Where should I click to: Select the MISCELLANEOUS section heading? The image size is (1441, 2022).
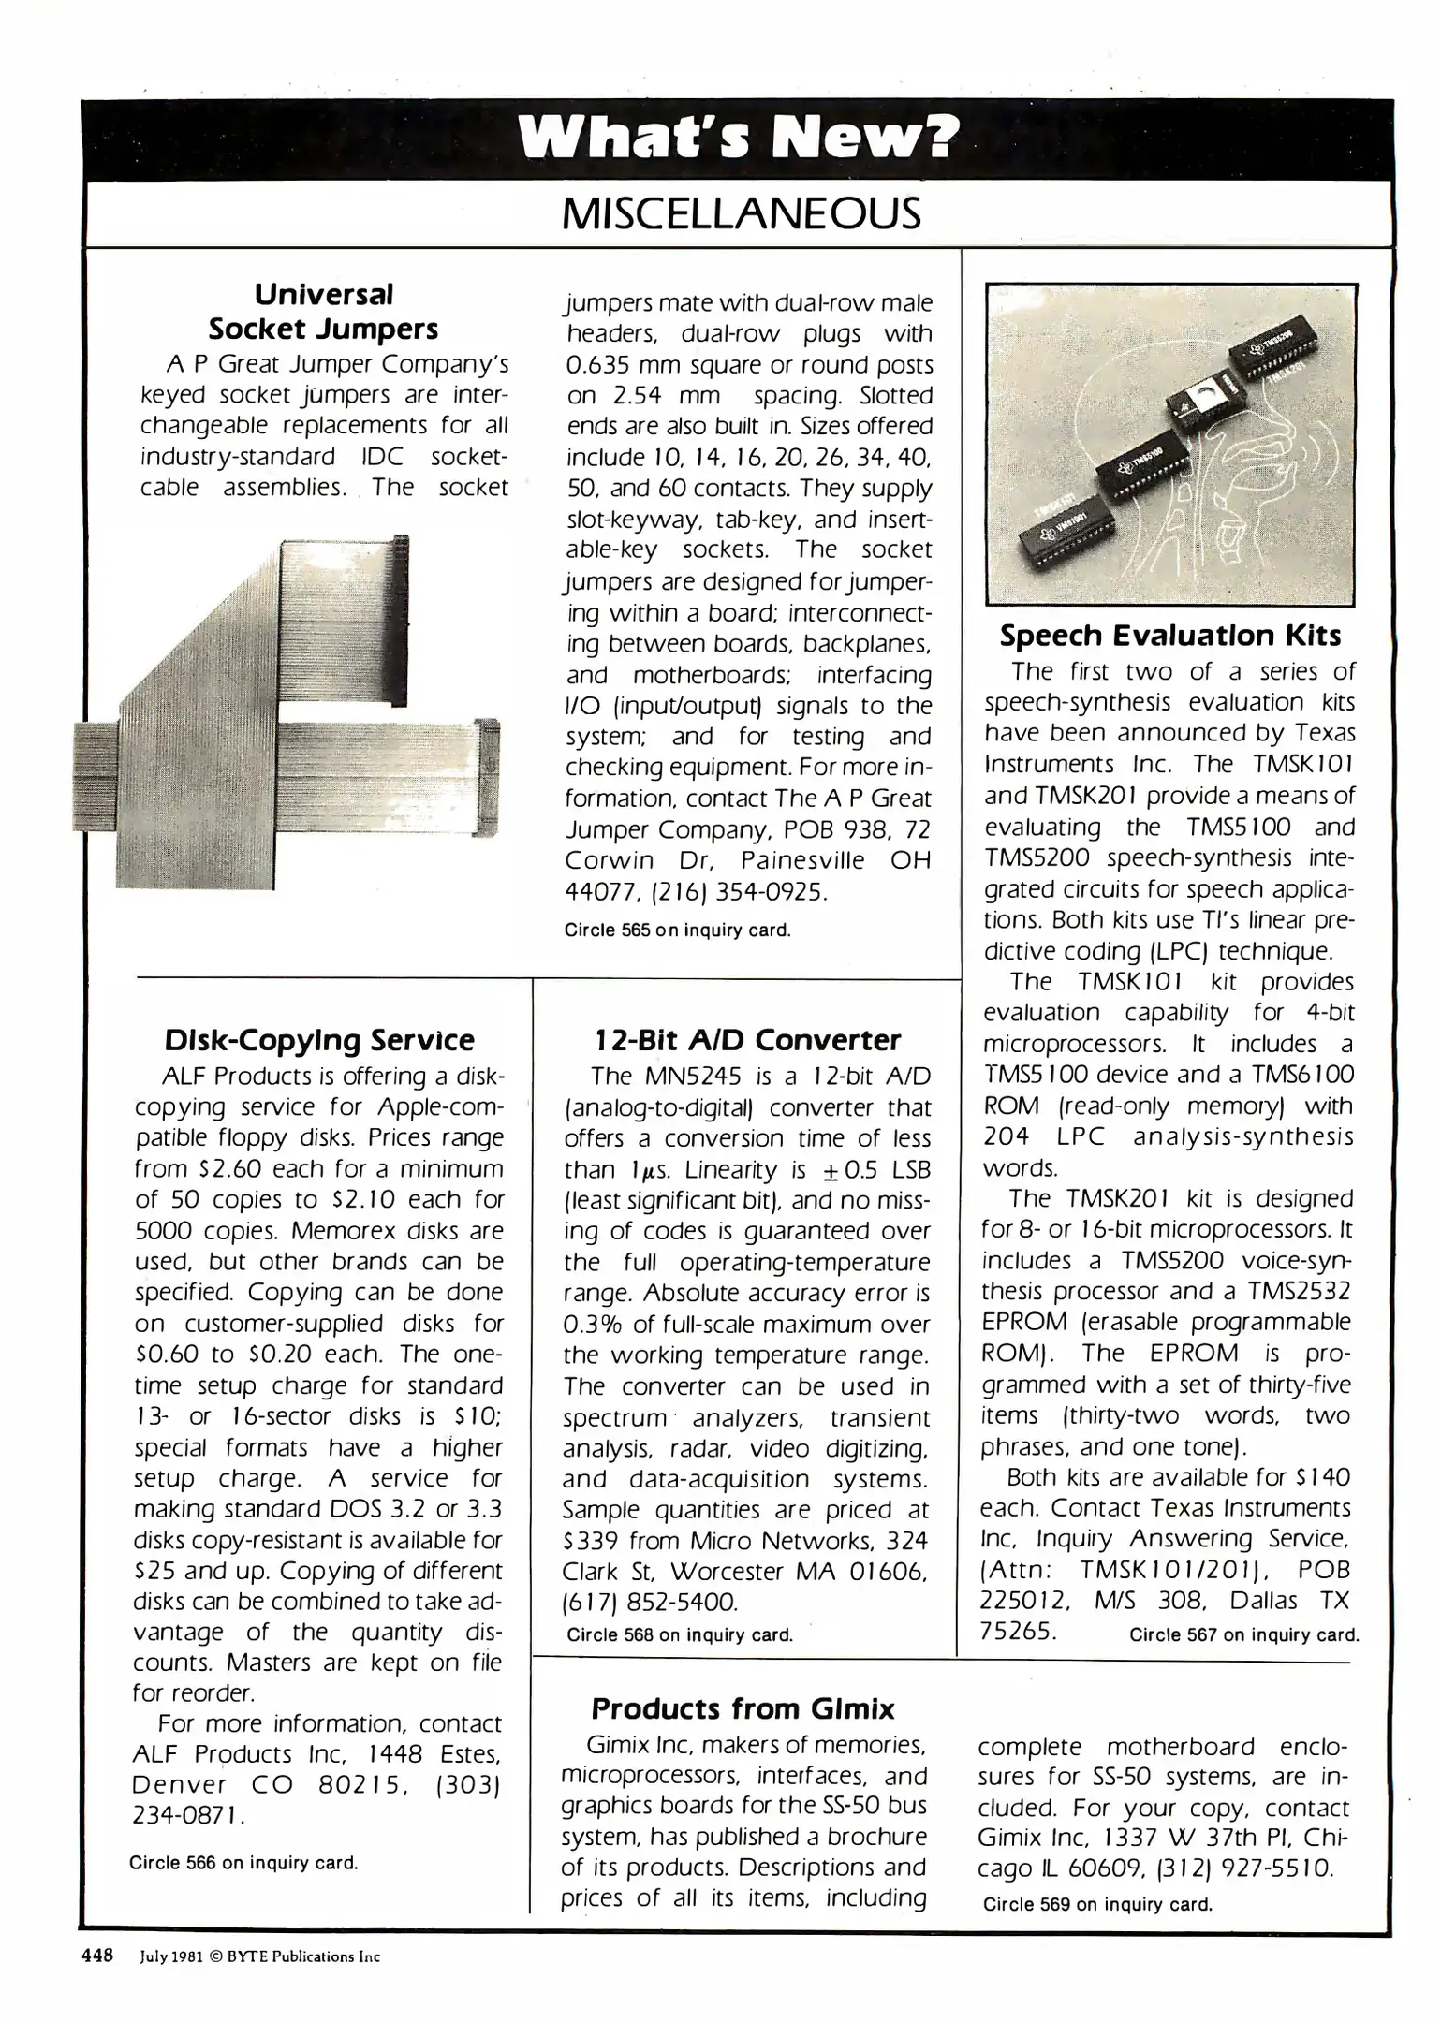740,214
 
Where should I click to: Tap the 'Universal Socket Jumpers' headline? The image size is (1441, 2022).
323,312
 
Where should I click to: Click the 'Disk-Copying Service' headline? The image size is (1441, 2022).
319,1040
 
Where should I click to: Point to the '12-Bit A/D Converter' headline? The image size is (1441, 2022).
747,1040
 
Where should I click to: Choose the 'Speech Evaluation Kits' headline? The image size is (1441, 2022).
1170,636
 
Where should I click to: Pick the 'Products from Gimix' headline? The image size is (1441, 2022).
743,1709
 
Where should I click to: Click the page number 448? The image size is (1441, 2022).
97,1956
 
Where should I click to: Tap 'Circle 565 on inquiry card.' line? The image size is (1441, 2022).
678,930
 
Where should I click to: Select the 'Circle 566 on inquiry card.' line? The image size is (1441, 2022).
243,1863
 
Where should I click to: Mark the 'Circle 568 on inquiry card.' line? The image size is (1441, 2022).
680,1635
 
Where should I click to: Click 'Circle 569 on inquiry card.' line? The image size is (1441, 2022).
1097,1904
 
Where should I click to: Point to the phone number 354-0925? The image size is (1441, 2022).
772,892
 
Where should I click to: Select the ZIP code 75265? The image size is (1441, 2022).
1018,1631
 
